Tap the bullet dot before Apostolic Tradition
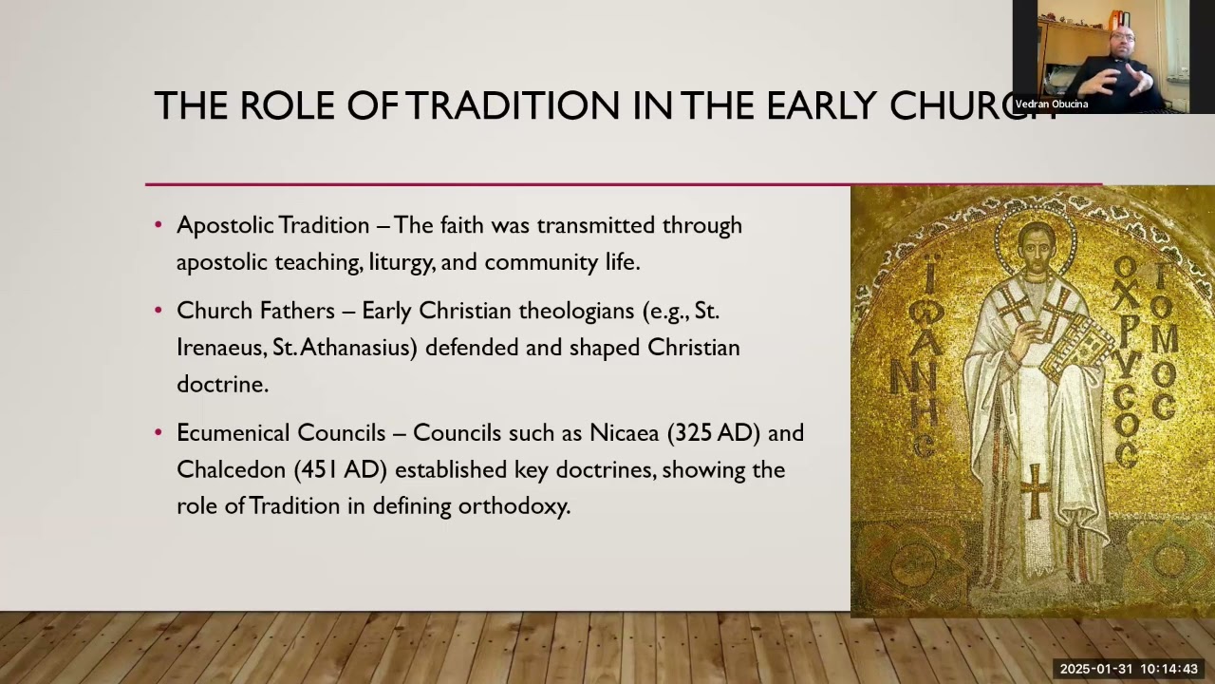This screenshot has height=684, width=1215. click(x=159, y=226)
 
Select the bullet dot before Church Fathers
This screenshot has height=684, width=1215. click(x=159, y=312)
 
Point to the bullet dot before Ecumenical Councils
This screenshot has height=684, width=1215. click(x=159, y=433)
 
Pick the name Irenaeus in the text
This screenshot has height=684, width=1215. click(x=220, y=348)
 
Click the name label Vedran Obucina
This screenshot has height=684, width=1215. click(x=1052, y=104)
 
